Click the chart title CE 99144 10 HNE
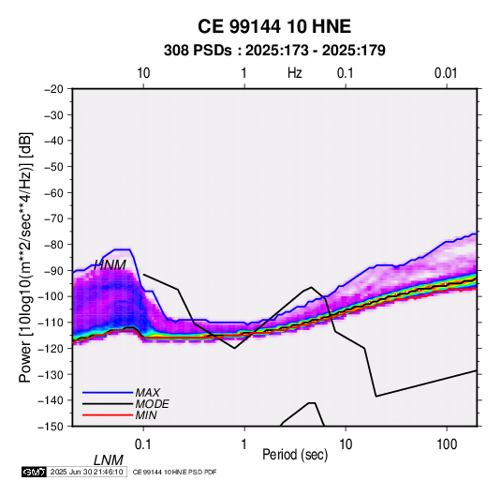coord(274,26)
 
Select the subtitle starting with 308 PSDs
coord(274,51)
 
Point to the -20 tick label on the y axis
coord(53,89)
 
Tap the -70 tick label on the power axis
coord(53,218)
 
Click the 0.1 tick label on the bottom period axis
coord(143,444)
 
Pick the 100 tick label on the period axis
coord(447,444)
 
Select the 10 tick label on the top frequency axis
coord(143,73)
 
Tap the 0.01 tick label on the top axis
coord(446,73)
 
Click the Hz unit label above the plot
coord(295,73)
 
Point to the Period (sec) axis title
coord(295,455)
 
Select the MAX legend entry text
coord(148,392)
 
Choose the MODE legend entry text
coord(152,404)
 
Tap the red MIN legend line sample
coord(108,415)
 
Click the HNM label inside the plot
coord(110,265)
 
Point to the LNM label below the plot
coord(109,460)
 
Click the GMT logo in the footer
coord(35,472)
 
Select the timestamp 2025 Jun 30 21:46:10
coord(86,472)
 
